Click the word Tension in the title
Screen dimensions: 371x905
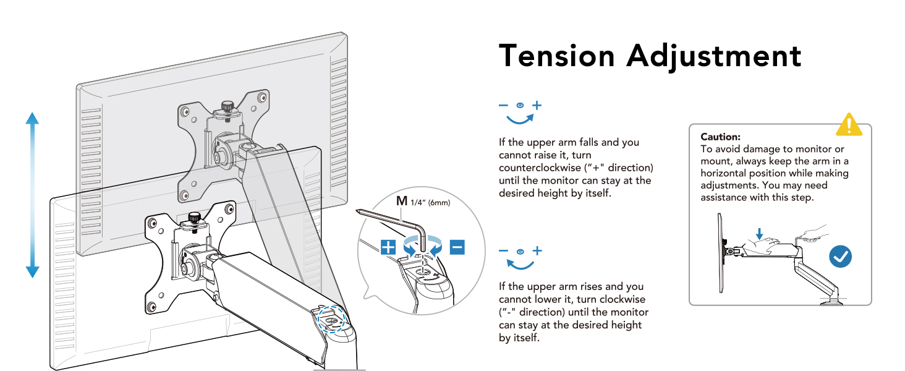557,56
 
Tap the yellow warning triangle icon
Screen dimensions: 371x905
849,125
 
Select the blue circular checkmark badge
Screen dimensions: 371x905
840,256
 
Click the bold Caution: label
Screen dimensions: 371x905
720,137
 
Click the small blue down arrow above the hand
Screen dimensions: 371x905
760,233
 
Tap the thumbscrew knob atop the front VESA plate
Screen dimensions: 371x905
195,219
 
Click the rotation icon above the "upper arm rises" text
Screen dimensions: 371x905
520,258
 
